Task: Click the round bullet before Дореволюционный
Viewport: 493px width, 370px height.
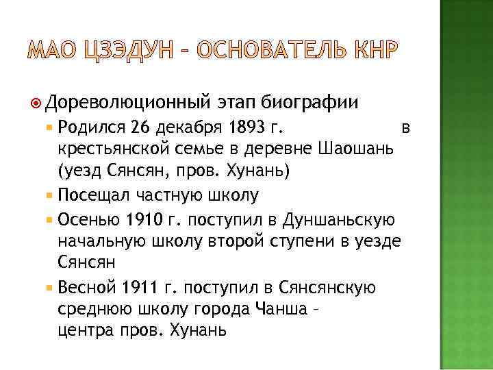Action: [x=38, y=103]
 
